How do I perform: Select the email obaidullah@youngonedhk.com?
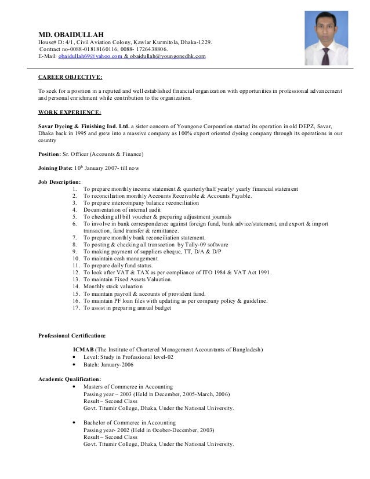point(168,56)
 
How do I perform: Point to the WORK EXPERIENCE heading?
point(70,111)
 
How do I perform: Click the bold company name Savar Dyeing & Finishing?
point(84,126)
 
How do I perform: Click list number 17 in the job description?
point(76,308)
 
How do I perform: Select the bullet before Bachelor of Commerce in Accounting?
point(75,423)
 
